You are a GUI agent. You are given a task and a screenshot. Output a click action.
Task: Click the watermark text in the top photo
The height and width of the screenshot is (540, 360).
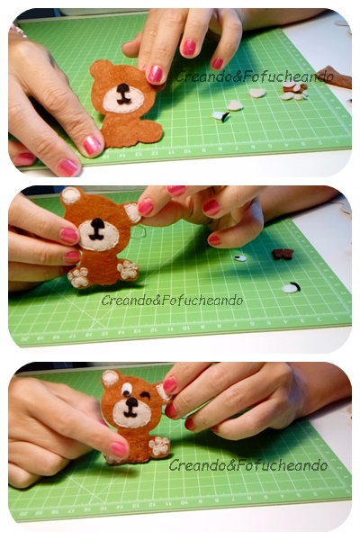point(255,76)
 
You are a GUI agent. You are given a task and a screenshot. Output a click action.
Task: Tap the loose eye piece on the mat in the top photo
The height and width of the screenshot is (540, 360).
point(220,116)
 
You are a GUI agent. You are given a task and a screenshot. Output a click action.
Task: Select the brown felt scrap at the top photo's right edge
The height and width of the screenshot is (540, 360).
point(336,77)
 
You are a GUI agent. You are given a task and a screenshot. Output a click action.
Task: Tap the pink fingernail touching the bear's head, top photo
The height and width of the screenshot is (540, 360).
point(155,75)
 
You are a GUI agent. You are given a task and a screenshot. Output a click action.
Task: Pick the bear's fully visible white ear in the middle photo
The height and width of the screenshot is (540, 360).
point(70,195)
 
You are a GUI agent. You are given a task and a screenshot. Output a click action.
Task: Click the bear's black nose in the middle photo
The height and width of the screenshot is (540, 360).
point(97,224)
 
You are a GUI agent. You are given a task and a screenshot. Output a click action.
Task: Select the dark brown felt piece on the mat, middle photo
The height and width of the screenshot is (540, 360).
point(283,254)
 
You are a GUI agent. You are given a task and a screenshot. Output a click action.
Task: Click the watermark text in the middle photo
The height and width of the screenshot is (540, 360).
point(172,301)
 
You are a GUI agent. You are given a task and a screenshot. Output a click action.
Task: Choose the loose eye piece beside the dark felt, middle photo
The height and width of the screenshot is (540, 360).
point(240,258)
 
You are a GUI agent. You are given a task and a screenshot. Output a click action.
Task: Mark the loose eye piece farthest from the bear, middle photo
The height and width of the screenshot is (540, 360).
point(291,288)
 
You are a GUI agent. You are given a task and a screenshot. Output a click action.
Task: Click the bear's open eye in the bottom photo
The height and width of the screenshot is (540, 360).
point(126,389)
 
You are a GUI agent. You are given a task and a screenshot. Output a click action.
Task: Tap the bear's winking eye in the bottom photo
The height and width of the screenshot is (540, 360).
point(145,396)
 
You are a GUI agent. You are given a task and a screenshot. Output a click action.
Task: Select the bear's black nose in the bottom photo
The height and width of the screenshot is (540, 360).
point(131,402)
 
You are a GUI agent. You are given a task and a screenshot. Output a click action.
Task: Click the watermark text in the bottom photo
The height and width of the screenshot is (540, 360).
point(248,465)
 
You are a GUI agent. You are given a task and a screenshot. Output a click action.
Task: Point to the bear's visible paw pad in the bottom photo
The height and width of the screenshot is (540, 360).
point(159,445)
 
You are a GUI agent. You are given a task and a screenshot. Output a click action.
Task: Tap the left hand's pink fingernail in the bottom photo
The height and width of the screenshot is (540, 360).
point(119,449)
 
